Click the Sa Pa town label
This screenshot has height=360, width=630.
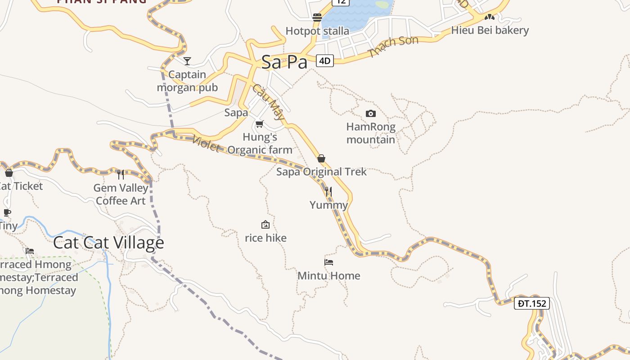(x=284, y=62)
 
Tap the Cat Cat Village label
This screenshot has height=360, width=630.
(x=108, y=243)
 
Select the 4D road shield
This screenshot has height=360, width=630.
(x=325, y=60)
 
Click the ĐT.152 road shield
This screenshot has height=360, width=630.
(x=532, y=303)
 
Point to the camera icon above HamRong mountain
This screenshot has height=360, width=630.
(x=370, y=113)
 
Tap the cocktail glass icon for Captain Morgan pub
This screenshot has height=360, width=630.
(x=187, y=61)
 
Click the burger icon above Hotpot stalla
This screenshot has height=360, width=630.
(x=317, y=18)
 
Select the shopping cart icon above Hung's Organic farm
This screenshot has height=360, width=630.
(x=259, y=124)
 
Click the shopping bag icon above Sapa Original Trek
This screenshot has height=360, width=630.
(x=321, y=158)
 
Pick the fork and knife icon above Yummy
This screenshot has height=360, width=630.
(x=328, y=192)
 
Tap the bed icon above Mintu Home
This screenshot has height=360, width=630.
(x=328, y=262)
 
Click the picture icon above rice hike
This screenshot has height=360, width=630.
(x=265, y=225)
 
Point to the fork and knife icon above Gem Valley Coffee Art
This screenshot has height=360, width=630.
(x=120, y=175)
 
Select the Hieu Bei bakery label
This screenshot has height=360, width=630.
(x=490, y=31)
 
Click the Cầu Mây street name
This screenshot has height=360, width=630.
(x=269, y=102)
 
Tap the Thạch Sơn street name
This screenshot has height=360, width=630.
(x=394, y=46)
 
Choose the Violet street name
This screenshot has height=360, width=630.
(x=206, y=144)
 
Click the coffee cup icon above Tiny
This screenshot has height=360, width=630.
(x=7, y=212)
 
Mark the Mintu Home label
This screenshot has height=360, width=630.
(x=329, y=275)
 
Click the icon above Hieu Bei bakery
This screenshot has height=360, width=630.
(x=490, y=17)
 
